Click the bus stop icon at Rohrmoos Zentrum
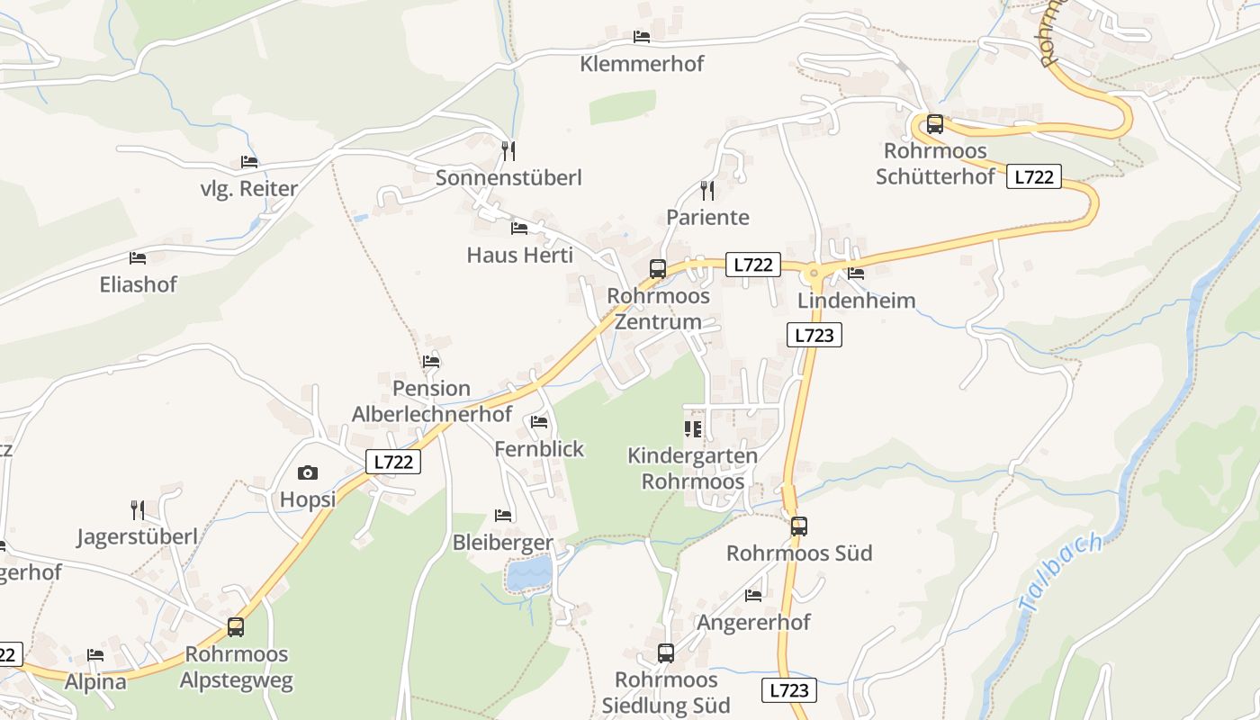(x=658, y=268)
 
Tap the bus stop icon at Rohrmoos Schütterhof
(x=935, y=124)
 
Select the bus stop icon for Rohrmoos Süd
(x=799, y=526)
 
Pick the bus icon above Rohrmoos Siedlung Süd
(x=666, y=653)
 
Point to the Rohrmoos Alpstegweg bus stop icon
(x=236, y=627)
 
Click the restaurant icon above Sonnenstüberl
(x=508, y=150)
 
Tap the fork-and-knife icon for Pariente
(x=707, y=190)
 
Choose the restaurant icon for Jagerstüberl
(x=138, y=510)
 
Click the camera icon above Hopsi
(x=307, y=472)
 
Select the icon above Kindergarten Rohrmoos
(x=692, y=429)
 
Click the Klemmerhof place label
(x=642, y=64)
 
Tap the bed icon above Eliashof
(x=138, y=258)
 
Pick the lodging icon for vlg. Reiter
(x=249, y=162)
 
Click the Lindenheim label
(x=856, y=301)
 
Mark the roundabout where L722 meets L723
(x=814, y=272)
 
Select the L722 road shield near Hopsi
(x=394, y=462)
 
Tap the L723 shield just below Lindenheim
(x=814, y=336)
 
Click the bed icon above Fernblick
(x=539, y=421)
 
